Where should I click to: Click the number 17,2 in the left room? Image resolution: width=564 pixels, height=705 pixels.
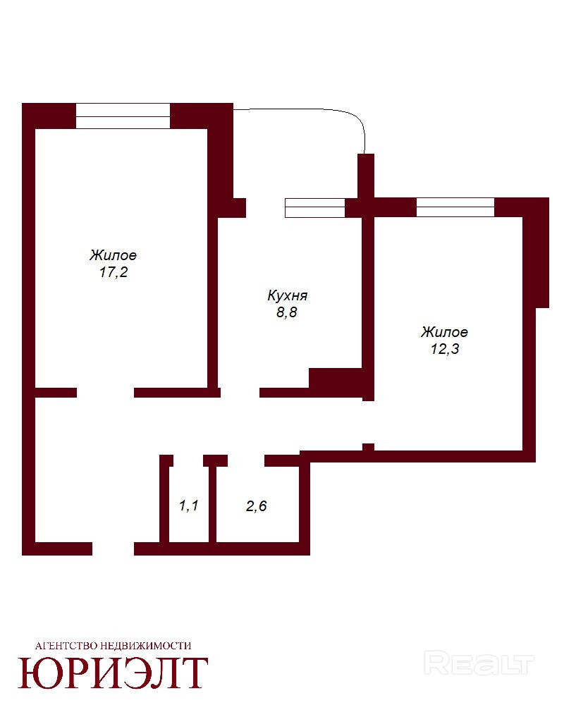point(114,272)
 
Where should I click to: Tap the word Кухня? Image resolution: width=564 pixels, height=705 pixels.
point(288,295)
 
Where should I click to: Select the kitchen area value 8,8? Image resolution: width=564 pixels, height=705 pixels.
point(287,312)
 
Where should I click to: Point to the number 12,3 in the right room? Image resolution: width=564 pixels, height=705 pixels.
point(445,349)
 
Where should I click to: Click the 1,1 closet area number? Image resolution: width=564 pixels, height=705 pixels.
point(188,505)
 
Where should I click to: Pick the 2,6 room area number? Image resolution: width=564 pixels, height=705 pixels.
point(257,506)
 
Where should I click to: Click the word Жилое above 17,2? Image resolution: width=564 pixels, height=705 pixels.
point(113,255)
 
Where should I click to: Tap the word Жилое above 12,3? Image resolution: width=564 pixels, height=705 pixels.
point(444,332)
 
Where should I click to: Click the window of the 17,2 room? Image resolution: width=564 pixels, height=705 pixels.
point(123,116)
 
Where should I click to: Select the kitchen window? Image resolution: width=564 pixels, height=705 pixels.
point(315,208)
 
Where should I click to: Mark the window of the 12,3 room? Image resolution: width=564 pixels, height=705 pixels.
point(455,207)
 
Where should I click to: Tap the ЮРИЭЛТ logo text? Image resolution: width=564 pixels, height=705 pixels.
point(113,673)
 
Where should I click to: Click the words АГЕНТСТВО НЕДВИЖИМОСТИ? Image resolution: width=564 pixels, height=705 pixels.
point(114,646)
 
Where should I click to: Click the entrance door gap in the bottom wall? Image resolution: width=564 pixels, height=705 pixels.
point(114,548)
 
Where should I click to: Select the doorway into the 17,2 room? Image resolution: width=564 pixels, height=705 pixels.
point(105,393)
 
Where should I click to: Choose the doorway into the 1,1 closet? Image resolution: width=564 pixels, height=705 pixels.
point(188,460)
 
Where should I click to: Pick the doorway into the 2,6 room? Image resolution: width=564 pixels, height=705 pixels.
point(246,460)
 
